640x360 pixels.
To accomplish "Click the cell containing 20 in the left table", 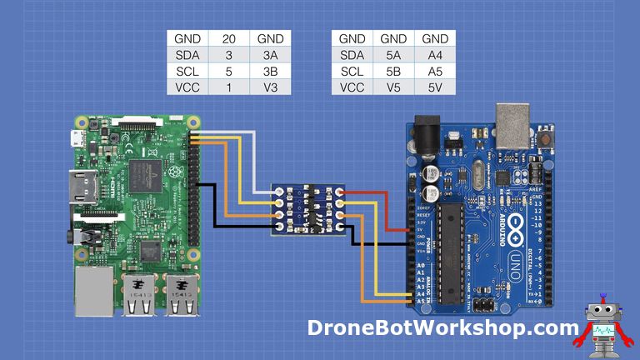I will coord(229,39).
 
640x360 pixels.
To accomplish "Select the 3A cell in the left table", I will coord(271,55).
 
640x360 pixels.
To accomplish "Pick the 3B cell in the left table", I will coord(271,71).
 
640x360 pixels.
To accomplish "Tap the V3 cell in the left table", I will coord(271,87).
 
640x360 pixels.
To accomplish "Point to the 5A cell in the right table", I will coord(393,55).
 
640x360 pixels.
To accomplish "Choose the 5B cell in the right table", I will coord(393,71).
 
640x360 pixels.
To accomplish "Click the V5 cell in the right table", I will coord(393,87).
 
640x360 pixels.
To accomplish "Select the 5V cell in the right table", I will coord(435,87).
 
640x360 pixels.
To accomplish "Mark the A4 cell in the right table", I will coord(435,55).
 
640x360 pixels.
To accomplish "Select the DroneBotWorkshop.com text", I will coord(442,328).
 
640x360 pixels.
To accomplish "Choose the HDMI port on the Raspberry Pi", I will coord(82,188).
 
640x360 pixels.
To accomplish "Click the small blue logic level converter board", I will coord(309,209).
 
